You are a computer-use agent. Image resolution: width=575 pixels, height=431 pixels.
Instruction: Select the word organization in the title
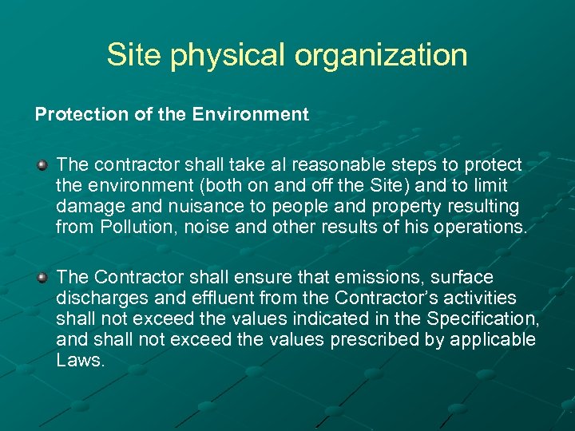381,56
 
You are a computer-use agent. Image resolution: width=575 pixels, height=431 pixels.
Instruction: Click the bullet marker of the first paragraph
42,165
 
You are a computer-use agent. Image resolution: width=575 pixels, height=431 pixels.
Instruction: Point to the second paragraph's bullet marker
42,278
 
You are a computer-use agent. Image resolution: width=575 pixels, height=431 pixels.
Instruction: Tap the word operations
480,227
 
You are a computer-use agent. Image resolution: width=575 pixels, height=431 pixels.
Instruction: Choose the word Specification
482,319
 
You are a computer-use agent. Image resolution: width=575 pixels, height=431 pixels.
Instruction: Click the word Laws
80,361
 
